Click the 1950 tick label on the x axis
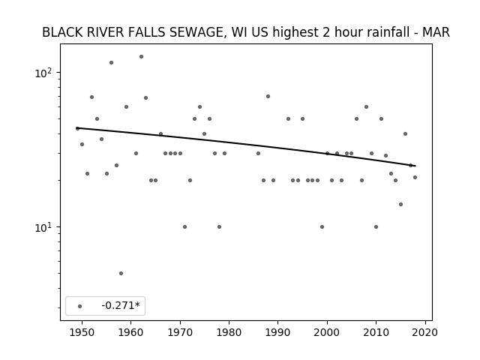(x=82, y=332)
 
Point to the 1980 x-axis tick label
(x=229, y=332)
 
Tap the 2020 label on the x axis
(x=425, y=332)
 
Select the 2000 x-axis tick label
(x=327, y=332)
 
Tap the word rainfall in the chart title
(x=387, y=32)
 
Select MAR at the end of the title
(x=436, y=32)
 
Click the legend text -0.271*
(x=121, y=305)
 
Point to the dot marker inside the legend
(x=80, y=306)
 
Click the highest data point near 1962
(x=141, y=57)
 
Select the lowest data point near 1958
(x=121, y=273)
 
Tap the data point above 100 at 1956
(x=111, y=63)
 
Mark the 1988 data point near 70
(x=268, y=97)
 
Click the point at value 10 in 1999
(x=322, y=226)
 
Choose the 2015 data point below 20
(x=400, y=205)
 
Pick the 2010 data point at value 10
(x=376, y=226)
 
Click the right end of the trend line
(x=415, y=166)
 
